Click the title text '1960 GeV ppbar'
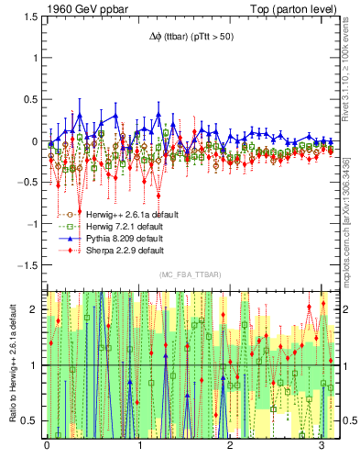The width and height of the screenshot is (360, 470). pos(82,9)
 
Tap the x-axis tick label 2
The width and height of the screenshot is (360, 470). pos(231,446)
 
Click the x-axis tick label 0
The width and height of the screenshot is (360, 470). pos(47,446)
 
